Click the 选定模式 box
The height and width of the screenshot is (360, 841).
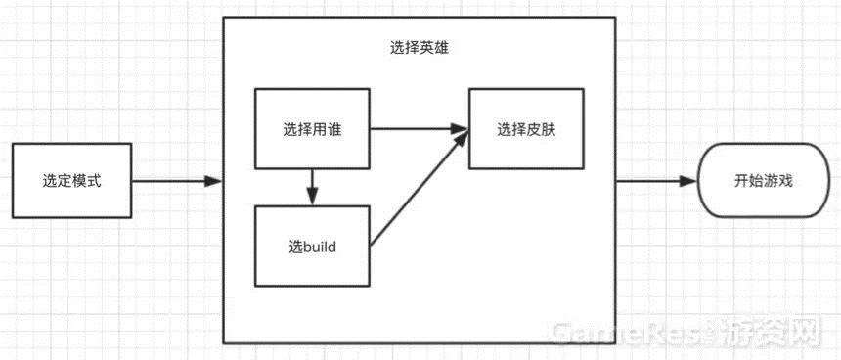(71, 181)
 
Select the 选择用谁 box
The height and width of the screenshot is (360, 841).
(312, 129)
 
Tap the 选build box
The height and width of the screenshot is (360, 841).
(312, 247)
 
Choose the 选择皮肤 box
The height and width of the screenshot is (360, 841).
(526, 129)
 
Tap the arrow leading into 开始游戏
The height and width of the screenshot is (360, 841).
(655, 181)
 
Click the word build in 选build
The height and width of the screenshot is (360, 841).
(320, 247)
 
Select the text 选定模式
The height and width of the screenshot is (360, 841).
(71, 181)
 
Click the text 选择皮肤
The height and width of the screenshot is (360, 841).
(526, 129)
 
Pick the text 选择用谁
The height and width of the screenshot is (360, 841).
(312, 129)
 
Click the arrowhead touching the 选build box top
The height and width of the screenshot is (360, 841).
(312, 199)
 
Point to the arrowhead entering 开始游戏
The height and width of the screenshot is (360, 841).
(691, 181)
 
